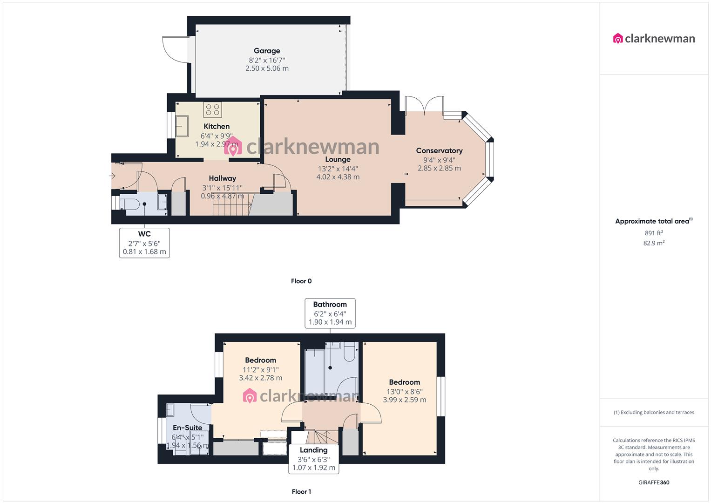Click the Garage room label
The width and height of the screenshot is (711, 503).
point(267,51)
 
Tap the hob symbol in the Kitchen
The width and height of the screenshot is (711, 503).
point(212,110)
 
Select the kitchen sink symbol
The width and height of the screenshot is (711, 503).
point(182,125)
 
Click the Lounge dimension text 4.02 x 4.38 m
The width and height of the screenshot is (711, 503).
point(338,177)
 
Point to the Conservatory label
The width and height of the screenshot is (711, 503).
point(439,150)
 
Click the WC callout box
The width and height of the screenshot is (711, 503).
point(144,243)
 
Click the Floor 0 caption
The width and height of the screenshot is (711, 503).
point(301,281)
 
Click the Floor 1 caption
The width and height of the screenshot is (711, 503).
point(301,491)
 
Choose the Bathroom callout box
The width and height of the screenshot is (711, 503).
point(330,313)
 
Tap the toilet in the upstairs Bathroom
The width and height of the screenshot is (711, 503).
point(350,354)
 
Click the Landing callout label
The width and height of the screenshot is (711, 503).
point(313,450)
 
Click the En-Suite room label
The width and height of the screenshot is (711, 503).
point(187,428)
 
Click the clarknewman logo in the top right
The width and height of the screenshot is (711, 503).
point(654,39)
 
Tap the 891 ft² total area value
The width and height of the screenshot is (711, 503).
point(654,233)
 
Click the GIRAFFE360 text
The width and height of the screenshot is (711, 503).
point(654,483)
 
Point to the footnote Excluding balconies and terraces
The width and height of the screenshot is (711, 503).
point(654,412)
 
